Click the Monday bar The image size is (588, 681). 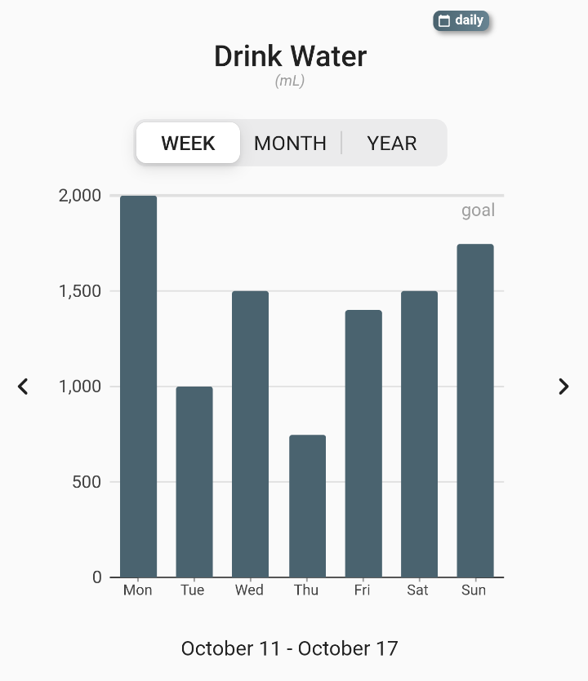tap(138, 387)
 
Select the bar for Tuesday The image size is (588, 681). tap(194, 482)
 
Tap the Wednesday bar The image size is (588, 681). tap(250, 434)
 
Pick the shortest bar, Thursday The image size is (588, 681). tap(307, 506)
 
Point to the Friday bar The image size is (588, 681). tap(363, 444)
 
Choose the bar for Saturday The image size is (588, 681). tap(419, 434)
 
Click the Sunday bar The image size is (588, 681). tap(475, 410)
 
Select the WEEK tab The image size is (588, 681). tap(188, 144)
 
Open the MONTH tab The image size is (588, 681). tap(290, 144)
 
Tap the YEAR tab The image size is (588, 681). tap(392, 144)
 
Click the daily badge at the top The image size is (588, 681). tap(461, 20)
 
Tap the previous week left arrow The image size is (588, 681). tap(23, 387)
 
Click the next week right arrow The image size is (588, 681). tap(563, 387)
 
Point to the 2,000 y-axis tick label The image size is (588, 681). tap(80, 196)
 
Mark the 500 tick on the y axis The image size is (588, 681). tap(86, 482)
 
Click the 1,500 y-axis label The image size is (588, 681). tap(80, 291)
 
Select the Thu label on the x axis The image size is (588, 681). tap(306, 590)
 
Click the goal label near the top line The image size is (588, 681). tap(478, 210)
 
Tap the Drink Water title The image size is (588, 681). tap(290, 56)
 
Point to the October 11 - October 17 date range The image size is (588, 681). tap(290, 649)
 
